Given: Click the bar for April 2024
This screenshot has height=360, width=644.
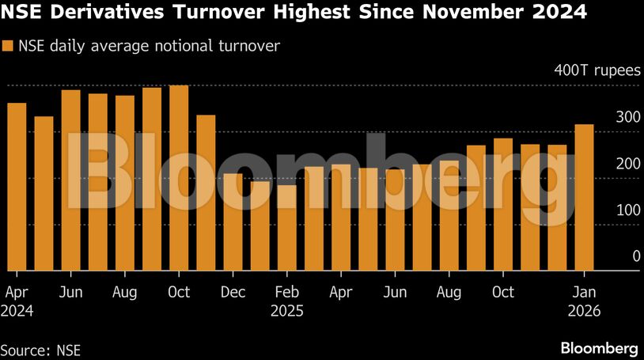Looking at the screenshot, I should point(17,187).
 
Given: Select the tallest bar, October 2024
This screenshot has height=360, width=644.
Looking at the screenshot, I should point(179,177).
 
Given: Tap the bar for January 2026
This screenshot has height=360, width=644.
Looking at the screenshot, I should point(584,197).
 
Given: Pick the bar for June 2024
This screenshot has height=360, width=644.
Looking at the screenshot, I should point(70,180).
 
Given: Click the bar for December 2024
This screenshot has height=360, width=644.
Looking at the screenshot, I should point(233,222).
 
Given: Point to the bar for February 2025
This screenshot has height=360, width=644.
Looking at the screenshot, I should point(286,227).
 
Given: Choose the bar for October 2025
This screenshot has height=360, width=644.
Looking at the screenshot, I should point(503,204).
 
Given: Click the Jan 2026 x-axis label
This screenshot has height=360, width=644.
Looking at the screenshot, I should point(584,301).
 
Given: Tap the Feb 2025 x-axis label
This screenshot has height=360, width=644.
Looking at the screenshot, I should point(286,301).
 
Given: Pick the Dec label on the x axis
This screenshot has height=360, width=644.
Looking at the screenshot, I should point(233,293).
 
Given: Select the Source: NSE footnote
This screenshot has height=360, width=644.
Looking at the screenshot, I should point(40,349).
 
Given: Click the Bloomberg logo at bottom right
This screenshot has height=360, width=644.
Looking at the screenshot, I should point(599,348).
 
